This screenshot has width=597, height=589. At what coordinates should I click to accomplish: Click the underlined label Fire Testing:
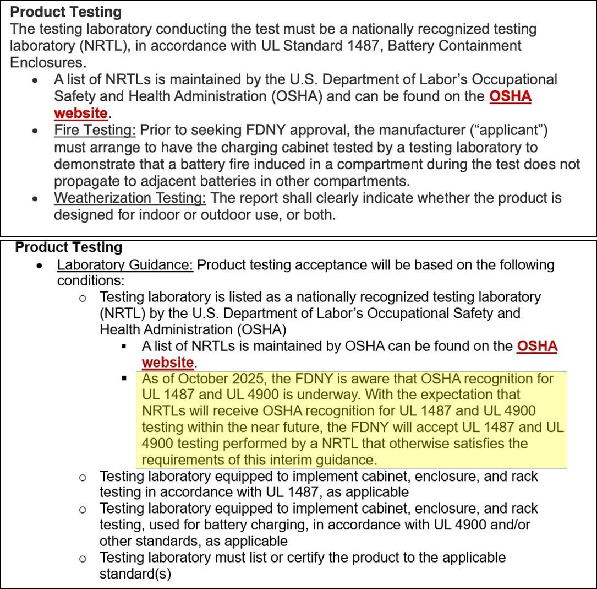click(95, 131)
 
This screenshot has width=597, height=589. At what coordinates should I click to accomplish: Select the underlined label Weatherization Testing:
click(130, 198)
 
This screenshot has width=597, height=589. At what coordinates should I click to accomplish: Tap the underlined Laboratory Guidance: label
click(125, 265)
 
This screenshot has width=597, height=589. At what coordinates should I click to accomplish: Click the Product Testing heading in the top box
click(66, 12)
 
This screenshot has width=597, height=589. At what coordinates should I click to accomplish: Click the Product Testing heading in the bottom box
click(69, 247)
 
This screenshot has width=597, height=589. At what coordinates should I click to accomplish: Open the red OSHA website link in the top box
click(510, 97)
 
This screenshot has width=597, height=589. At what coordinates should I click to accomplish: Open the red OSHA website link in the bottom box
click(537, 347)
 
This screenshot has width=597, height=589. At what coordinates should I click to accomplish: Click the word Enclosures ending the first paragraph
click(46, 62)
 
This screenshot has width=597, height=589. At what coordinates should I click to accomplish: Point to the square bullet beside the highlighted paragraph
click(124, 379)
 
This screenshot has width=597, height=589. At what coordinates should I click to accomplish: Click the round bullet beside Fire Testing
click(36, 132)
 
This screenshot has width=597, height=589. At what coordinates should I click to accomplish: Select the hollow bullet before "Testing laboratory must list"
click(82, 559)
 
